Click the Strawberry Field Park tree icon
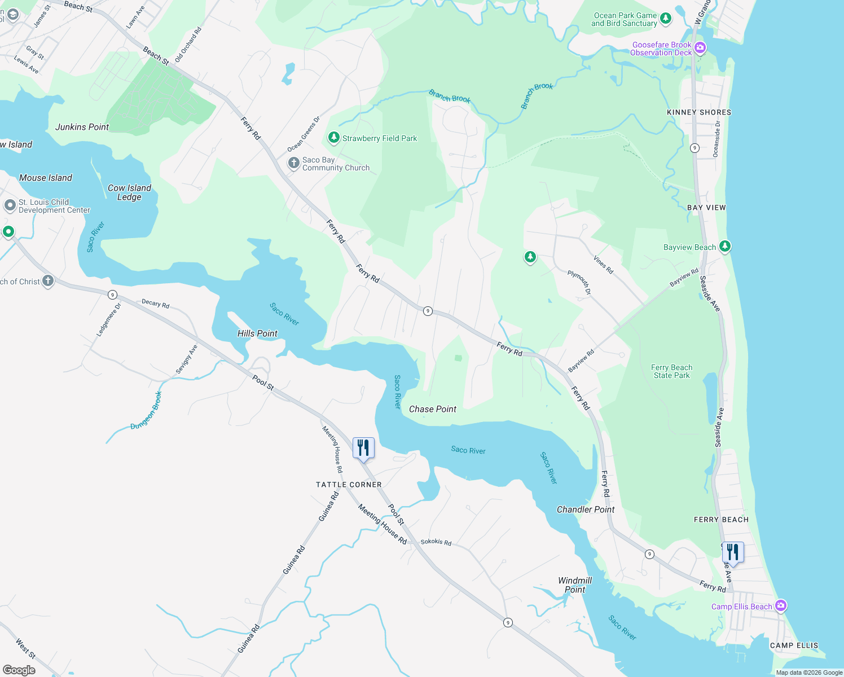coord(334,138)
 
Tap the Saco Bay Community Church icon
coord(293,164)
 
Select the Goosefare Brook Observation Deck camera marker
coord(700,49)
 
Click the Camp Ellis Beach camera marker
coord(781,606)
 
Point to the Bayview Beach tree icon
coord(725,247)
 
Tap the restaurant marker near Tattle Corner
coord(363,448)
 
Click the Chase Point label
coord(433,409)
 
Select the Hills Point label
coord(257,333)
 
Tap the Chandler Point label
coord(586,509)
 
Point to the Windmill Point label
coord(575,585)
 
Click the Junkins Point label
coord(82,127)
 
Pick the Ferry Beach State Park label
coord(671,371)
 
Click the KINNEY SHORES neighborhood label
coord(699,112)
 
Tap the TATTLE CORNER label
coord(349,485)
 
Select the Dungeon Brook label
coord(146,411)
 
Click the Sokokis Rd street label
coord(436,542)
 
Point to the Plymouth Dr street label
coord(579,283)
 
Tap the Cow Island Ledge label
coord(129,192)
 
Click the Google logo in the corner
coord(19,670)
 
